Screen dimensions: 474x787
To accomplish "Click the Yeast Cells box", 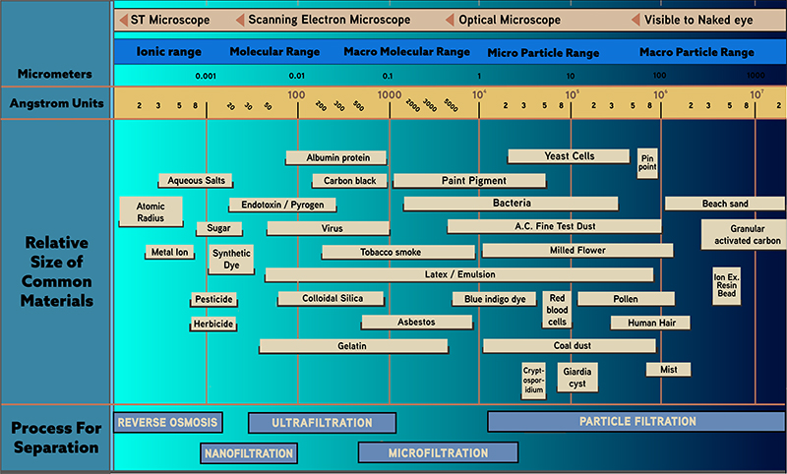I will click(569, 156).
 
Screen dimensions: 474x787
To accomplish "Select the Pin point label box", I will click(646, 161).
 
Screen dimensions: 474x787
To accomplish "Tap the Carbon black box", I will click(344, 181).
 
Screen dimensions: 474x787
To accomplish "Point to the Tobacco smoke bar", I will click(390, 252).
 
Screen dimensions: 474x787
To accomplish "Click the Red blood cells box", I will click(557, 309).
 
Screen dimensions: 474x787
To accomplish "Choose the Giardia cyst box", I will click(573, 378).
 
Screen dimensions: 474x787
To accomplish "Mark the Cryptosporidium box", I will click(533, 379).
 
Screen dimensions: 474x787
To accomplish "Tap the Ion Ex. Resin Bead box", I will click(726, 286).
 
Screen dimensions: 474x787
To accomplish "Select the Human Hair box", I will click(649, 323).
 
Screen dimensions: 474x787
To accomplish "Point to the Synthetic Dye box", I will click(231, 259).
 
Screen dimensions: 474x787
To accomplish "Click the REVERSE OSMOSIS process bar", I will click(167, 423).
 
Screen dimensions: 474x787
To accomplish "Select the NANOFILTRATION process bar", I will click(249, 453).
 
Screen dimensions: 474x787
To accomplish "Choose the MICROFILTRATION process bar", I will click(437, 453).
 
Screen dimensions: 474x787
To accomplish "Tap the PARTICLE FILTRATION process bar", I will click(636, 422).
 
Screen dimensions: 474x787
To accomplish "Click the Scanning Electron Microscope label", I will click(329, 20).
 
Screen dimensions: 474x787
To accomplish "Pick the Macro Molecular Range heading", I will click(406, 52).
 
